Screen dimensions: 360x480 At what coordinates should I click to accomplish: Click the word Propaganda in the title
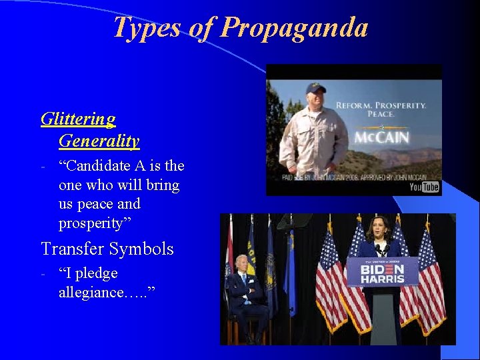[x=294, y=27]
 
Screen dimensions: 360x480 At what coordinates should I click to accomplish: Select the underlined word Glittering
[x=78, y=119]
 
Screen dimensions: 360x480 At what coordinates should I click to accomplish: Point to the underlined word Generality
[x=99, y=141]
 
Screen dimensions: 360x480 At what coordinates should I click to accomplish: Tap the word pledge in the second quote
[x=97, y=273]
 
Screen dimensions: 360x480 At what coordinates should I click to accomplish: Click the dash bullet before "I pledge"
[x=43, y=274]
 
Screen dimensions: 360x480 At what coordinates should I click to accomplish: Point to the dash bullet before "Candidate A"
[x=43, y=166]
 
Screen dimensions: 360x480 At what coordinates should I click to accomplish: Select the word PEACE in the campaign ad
[x=381, y=114]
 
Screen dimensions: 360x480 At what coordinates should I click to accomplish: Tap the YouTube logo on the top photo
[x=424, y=187]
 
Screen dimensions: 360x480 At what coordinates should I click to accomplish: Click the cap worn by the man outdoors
[x=316, y=87]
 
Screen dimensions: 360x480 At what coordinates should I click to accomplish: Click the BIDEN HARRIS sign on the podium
[x=382, y=271]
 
